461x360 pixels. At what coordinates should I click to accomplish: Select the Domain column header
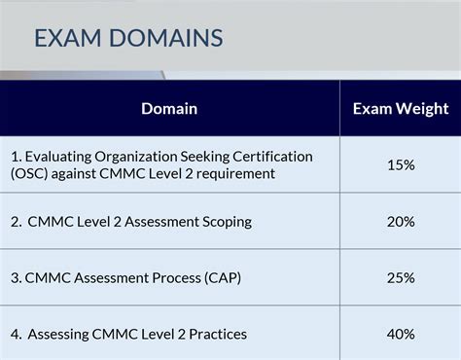[169, 108]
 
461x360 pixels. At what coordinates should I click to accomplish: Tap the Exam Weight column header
[400, 108]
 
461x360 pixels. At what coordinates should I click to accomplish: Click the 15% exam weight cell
[400, 164]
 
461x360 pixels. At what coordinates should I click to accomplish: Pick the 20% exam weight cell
[400, 222]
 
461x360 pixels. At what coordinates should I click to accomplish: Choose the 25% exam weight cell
[400, 278]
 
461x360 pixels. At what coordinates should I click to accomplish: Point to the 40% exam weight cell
[400, 334]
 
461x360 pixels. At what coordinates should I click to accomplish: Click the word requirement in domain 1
[235, 173]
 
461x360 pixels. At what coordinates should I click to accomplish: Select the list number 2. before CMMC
[18, 222]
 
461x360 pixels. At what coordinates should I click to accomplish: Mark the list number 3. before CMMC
[17, 278]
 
